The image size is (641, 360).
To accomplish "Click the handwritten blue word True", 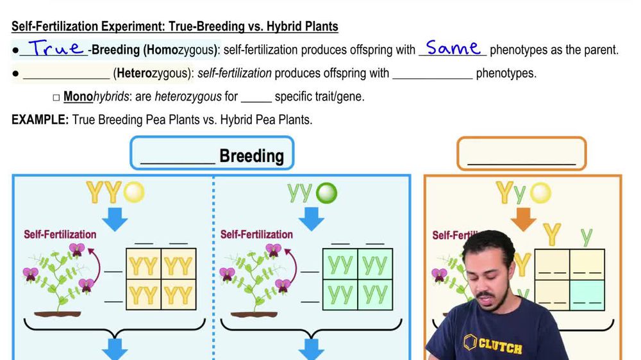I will [x=56, y=49].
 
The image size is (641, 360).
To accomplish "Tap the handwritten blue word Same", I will [x=453, y=48].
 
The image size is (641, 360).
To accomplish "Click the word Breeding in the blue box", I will [x=251, y=156].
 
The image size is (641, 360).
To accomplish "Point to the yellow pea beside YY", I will [x=134, y=192].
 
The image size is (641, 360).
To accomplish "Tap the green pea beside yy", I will [x=327, y=193].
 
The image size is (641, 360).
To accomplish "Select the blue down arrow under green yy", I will [x=313, y=218].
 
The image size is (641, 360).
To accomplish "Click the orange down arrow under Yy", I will [x=524, y=218].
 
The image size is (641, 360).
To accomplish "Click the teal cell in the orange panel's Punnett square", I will [x=587, y=295].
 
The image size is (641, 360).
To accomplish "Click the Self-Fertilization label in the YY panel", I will [x=60, y=234].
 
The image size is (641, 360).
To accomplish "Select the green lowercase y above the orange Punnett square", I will [x=586, y=236].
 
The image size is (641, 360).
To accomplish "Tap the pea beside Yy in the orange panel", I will [x=541, y=192].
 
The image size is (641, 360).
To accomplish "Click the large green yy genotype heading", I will [x=300, y=192].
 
